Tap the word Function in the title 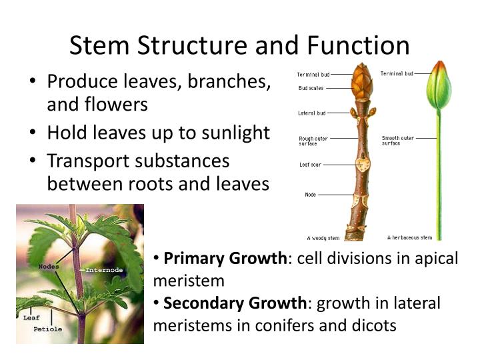pyautogui.click(x=358, y=46)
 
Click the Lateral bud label pyautogui.click(x=311, y=113)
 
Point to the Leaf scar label pyautogui.click(x=310, y=164)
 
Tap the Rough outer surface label pyautogui.click(x=313, y=141)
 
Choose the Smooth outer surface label pyautogui.click(x=398, y=141)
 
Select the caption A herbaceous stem pyautogui.click(x=409, y=237)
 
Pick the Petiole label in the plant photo pyautogui.click(x=47, y=329)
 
